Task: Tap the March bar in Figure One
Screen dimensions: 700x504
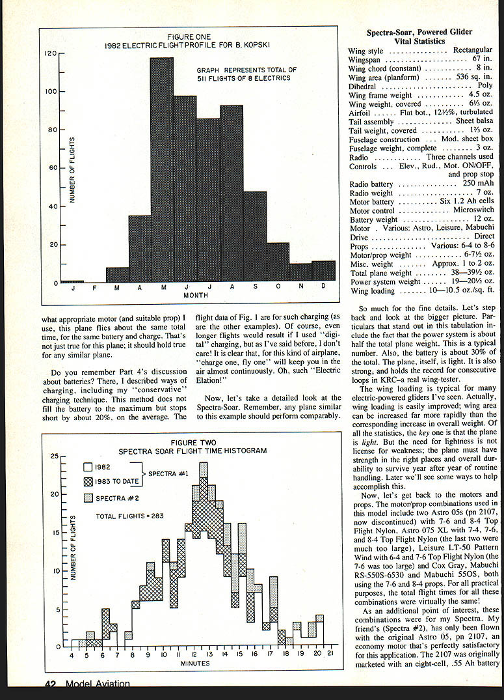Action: click(x=117, y=275)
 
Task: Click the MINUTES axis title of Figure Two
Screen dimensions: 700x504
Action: click(x=195, y=664)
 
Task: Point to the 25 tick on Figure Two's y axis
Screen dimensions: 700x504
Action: click(x=55, y=456)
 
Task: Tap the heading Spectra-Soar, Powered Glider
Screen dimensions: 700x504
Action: click(x=419, y=32)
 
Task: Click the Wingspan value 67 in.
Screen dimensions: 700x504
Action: click(x=482, y=59)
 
